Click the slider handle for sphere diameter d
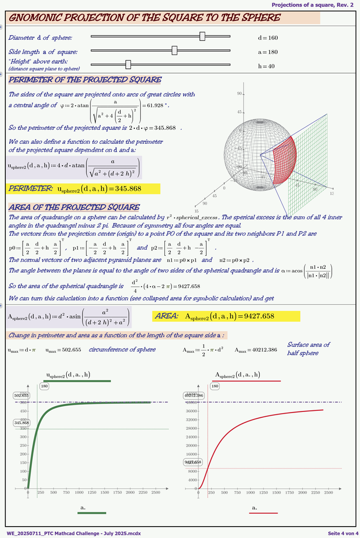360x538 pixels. coord(202,36)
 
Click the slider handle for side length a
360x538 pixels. coord(174,50)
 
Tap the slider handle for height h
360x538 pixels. coord(128,64)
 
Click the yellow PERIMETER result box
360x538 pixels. coord(83,188)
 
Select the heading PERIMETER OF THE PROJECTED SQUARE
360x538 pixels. coord(85,80)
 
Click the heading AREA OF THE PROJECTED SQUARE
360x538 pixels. coord(74,207)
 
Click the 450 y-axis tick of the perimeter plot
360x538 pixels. coord(23,411)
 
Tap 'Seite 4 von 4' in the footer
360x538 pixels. coord(341,533)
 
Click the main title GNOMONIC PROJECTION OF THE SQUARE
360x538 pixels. coord(146,18)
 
